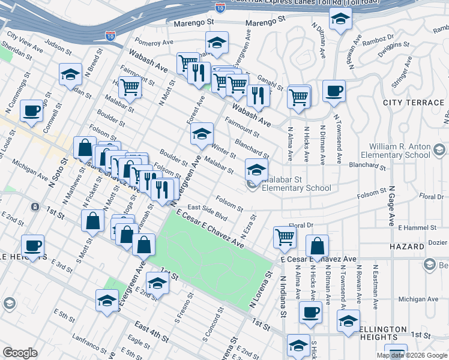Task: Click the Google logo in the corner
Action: coord(20,353)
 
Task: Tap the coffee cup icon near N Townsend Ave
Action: coord(334,92)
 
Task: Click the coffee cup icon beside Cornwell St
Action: coord(32,111)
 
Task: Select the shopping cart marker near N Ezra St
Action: coord(285,237)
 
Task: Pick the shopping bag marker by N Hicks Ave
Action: coord(317,246)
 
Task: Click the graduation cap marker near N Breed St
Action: coord(71,75)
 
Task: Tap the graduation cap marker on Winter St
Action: coord(202,134)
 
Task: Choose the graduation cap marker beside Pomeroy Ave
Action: coord(217,43)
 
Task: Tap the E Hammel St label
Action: coord(418,228)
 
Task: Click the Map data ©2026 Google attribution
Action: coord(411,355)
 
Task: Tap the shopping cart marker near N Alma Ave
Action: coord(298,96)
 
